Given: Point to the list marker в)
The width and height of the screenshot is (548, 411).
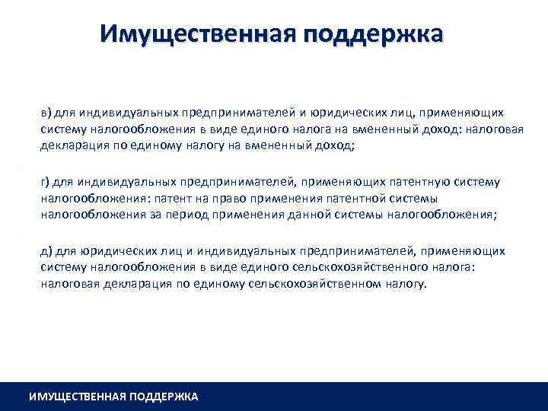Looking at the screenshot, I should (47, 113).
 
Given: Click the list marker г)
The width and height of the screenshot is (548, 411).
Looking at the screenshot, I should (46, 183).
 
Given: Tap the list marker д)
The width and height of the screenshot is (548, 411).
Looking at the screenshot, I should (47, 251).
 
